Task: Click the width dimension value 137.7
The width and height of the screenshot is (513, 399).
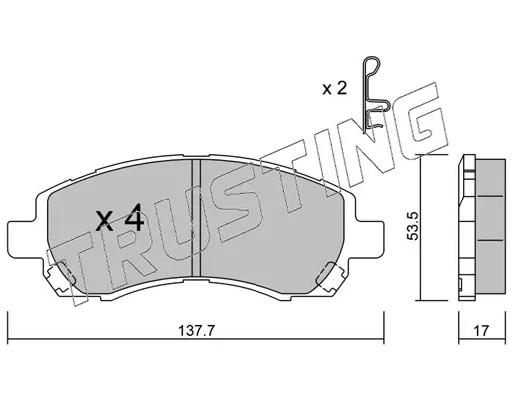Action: pyautogui.click(x=197, y=331)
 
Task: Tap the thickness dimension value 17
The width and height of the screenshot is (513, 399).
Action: pyautogui.click(x=481, y=331)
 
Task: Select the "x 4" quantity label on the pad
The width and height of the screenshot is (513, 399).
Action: pyautogui.click(x=119, y=218)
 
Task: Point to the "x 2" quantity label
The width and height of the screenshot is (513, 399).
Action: pyautogui.click(x=335, y=89)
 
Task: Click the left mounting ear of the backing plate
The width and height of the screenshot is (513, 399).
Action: pyautogui.click(x=21, y=239)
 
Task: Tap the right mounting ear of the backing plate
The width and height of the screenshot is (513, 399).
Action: pyautogui.click(x=370, y=239)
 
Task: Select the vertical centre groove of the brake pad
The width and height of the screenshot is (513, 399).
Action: pyautogui.click(x=196, y=217)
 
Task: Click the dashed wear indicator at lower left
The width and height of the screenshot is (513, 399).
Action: pyautogui.click(x=60, y=277)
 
